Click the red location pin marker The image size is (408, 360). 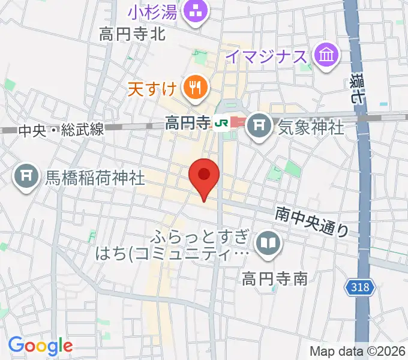point(204,176)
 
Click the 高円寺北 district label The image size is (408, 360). point(133,35)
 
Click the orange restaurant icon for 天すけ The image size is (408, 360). point(195,89)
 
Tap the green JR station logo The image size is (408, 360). point(221,124)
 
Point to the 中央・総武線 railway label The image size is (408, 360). point(62,129)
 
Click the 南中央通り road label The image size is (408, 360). point(312,220)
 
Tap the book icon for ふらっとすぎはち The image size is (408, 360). point(266,243)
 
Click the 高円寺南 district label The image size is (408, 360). point(275,278)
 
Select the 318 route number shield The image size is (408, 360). point(360,288)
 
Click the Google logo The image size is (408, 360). point(40,346)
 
